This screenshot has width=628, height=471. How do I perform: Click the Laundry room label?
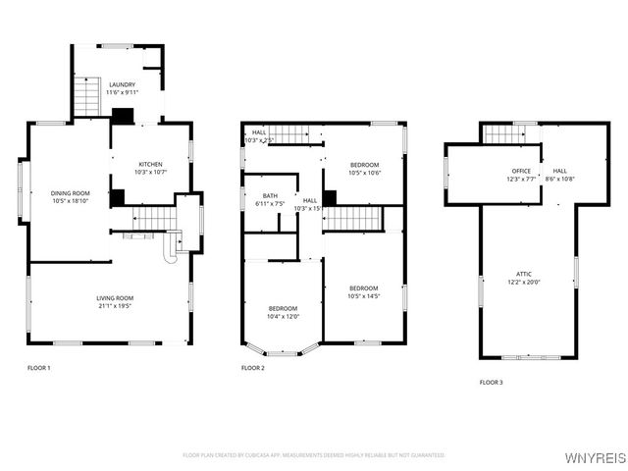point(123,84)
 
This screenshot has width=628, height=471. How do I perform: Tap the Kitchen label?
point(150,164)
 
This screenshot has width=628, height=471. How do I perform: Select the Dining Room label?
point(71,192)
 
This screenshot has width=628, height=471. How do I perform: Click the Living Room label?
point(115,297)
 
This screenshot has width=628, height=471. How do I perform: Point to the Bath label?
point(269,195)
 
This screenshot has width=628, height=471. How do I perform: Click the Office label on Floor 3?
point(521,171)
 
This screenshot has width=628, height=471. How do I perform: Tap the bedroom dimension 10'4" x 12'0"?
point(283,316)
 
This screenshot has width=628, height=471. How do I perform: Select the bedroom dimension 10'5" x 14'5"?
point(363,296)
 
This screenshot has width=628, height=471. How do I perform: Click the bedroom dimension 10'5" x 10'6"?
point(364,173)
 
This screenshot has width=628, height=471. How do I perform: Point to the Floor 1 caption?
point(38,368)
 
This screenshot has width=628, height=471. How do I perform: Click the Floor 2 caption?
point(253,368)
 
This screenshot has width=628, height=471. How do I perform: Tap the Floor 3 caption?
point(491,382)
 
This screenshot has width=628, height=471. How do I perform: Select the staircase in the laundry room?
point(89,98)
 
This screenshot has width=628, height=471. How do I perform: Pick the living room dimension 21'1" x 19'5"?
point(115,306)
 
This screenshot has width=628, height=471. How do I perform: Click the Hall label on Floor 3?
point(559,171)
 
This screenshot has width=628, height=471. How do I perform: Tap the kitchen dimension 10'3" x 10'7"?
point(150,173)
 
